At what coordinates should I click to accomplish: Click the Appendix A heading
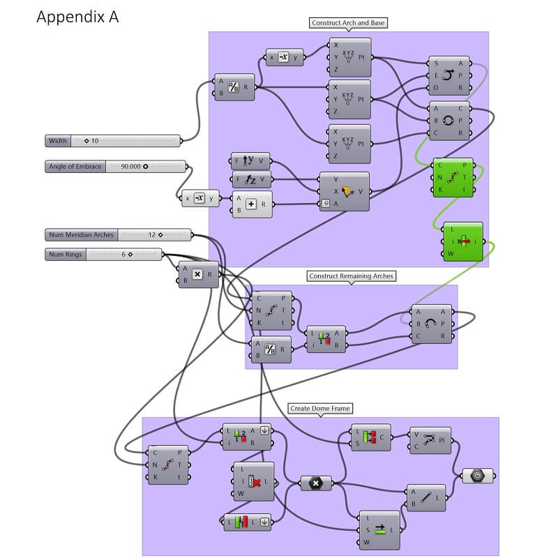(x=77, y=17)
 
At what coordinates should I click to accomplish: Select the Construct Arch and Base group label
(x=348, y=23)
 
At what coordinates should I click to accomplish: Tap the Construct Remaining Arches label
(x=352, y=276)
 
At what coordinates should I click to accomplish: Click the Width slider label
(x=58, y=141)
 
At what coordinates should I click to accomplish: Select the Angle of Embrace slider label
(x=75, y=167)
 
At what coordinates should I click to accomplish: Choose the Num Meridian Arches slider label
(x=81, y=234)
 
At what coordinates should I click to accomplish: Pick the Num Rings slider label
(x=66, y=255)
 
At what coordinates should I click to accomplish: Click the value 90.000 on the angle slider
(x=130, y=167)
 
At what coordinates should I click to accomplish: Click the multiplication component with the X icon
(x=197, y=274)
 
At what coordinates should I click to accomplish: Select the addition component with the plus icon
(x=252, y=204)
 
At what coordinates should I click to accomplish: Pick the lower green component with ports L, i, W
(x=462, y=242)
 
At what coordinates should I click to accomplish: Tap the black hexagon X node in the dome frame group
(x=316, y=483)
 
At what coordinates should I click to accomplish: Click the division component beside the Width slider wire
(x=234, y=87)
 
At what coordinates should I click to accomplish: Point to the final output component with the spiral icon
(x=478, y=476)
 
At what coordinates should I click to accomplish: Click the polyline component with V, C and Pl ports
(x=430, y=441)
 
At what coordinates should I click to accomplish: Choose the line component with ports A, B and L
(x=425, y=497)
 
